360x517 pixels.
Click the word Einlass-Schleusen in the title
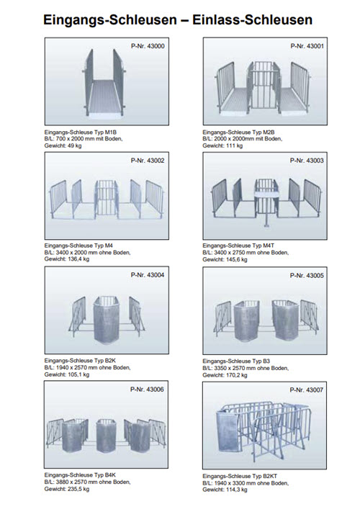(253, 20)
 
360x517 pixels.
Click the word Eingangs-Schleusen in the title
(110, 20)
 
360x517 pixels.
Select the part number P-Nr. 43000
(148, 46)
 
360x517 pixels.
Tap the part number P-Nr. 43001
(307, 46)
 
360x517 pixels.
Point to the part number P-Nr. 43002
(148, 161)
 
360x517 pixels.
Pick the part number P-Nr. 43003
(307, 161)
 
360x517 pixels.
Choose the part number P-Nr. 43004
(148, 275)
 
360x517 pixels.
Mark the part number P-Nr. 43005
(307, 275)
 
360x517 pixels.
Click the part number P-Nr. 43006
(147, 390)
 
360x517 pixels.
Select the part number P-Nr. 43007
(307, 390)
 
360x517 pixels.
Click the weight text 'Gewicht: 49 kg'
(63, 145)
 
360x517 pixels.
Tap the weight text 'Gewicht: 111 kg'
(222, 145)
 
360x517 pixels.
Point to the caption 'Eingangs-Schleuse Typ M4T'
(238, 246)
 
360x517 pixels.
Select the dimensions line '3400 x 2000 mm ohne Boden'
(93, 253)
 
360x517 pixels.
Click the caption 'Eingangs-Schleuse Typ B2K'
(80, 360)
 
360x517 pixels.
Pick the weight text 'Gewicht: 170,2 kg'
(225, 375)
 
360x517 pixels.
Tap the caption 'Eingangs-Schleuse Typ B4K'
(80, 475)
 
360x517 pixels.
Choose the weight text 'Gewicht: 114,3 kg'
(225, 490)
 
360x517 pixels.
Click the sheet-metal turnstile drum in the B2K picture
(107, 320)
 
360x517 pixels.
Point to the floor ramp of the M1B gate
(106, 97)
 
